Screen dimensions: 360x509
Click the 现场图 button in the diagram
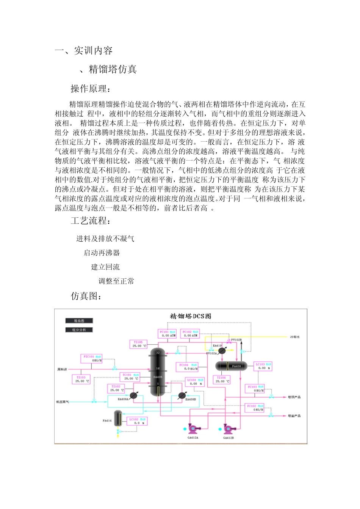pyautogui.click(x=79, y=321)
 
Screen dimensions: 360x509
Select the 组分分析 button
pyautogui.click(x=79, y=330)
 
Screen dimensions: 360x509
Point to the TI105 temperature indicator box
pyautogui.click(x=138, y=344)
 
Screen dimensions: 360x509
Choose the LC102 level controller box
pyautogui.click(x=137, y=421)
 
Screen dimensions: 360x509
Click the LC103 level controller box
pyautogui.click(x=263, y=366)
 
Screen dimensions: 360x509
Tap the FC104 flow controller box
pyautogui.click(x=188, y=367)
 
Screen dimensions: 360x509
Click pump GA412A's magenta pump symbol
pyautogui.click(x=193, y=429)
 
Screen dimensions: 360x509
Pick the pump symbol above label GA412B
pyautogui.click(x=228, y=429)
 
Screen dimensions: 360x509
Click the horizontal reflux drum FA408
pyautogui.click(x=231, y=366)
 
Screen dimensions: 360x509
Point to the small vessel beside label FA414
pyautogui.click(x=118, y=418)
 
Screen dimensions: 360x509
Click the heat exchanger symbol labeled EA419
pyautogui.click(x=222, y=351)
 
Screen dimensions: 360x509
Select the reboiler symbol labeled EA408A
pyautogui.click(x=133, y=396)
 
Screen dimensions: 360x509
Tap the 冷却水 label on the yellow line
pyautogui.click(x=295, y=337)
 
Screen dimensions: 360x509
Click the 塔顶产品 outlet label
pyautogui.click(x=294, y=397)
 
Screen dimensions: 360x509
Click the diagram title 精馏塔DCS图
pyautogui.click(x=190, y=316)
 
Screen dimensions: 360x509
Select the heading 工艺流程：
pyautogui.click(x=91, y=221)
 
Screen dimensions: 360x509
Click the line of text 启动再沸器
pyautogui.click(x=102, y=253)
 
